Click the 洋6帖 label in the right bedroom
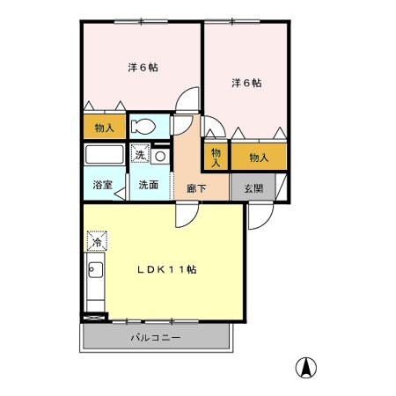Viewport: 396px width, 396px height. pyautogui.click(x=246, y=83)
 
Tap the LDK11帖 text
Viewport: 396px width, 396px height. pyautogui.click(x=166, y=269)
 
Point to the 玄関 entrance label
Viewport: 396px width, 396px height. pyautogui.click(x=253, y=187)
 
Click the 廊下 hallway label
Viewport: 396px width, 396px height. pyautogui.click(x=195, y=187)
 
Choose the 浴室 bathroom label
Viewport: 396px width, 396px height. pyautogui.click(x=103, y=185)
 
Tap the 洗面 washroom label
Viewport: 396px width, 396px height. pyautogui.click(x=147, y=185)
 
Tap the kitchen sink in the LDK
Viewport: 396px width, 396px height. pyautogui.click(x=96, y=272)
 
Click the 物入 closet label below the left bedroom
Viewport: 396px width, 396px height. pyautogui.click(x=105, y=128)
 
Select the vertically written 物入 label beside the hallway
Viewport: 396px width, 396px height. pyautogui.click(x=216, y=157)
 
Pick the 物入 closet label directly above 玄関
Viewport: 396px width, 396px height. pyautogui.click(x=258, y=157)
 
